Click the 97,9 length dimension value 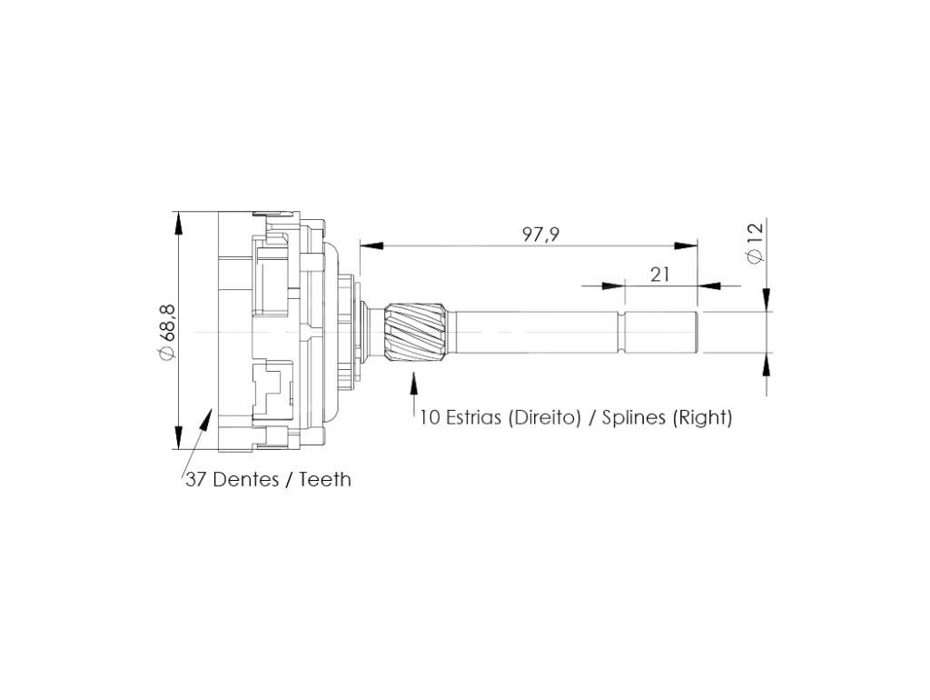(540, 235)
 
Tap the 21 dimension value (660, 275)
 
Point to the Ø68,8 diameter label (166, 331)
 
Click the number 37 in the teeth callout (196, 479)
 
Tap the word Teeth (325, 479)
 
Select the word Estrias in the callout (474, 416)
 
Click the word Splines (633, 417)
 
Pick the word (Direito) (544, 417)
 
